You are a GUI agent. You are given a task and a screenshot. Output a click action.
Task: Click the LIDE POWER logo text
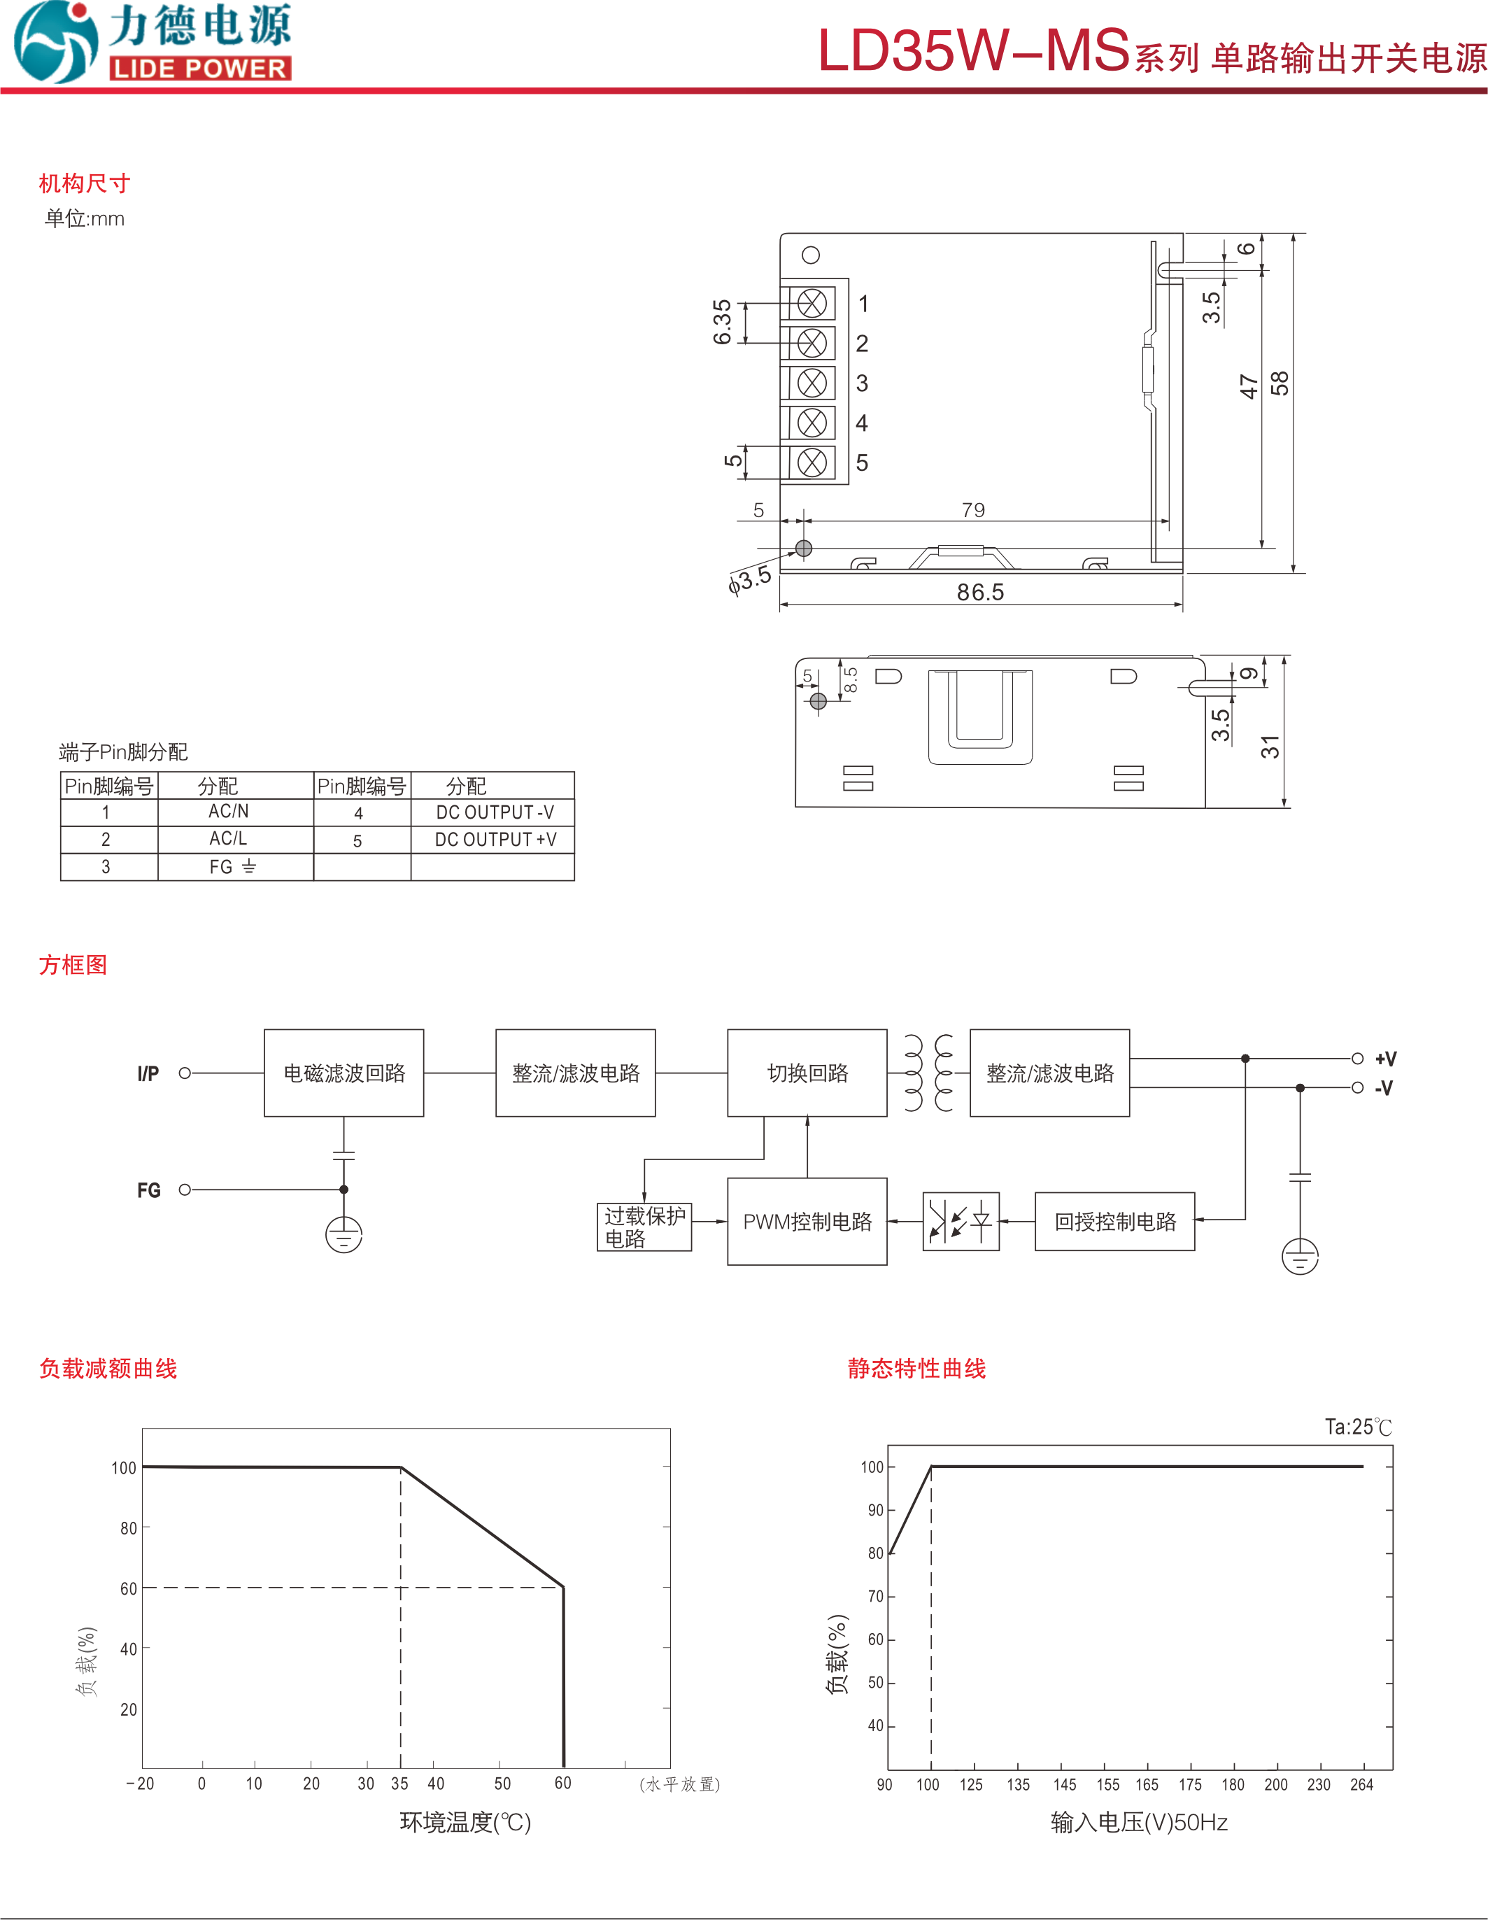(200, 69)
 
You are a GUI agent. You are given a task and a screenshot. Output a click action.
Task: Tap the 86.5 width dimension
(980, 592)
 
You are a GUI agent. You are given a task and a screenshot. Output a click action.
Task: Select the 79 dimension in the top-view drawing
(973, 510)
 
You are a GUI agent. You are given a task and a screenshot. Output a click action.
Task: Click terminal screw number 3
(812, 383)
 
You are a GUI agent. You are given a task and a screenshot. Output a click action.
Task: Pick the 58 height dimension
(1280, 383)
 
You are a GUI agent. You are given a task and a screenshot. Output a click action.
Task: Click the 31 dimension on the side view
(1270, 747)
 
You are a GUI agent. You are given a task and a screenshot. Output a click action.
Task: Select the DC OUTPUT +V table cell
(495, 840)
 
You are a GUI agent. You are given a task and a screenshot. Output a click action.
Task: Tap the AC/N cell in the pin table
(229, 812)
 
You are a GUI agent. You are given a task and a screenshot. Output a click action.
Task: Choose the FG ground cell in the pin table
(232, 867)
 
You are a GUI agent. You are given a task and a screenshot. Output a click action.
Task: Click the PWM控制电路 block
(807, 1221)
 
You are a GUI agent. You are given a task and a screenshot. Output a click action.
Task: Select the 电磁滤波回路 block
(343, 1073)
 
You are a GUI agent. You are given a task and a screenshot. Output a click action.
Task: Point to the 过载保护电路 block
(644, 1227)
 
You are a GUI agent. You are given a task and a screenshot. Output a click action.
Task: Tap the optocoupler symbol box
(961, 1221)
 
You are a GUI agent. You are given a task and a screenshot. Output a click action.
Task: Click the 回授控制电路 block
(1114, 1221)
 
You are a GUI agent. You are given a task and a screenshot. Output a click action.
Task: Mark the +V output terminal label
(1385, 1059)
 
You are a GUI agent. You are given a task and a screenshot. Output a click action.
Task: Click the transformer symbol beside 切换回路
(928, 1073)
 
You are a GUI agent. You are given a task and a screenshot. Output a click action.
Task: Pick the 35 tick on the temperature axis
(400, 1783)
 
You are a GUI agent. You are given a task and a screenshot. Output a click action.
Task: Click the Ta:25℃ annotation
(1358, 1427)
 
